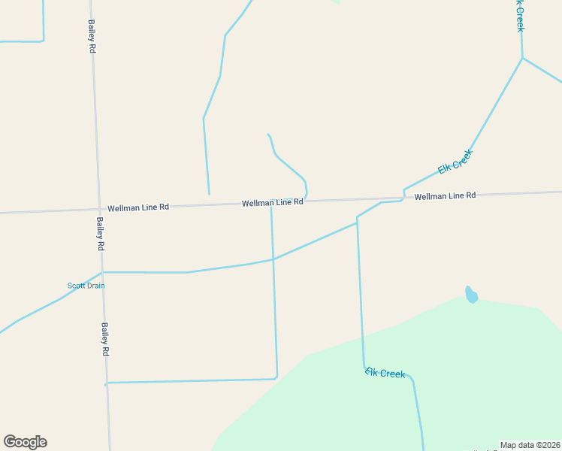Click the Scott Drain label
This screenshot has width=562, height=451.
pos(86,286)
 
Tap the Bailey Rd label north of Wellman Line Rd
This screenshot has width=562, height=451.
pos(92,36)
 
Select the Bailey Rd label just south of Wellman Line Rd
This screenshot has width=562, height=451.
pos(100,234)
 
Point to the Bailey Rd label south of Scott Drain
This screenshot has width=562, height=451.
pos(105,340)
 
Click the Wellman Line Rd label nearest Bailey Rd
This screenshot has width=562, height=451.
pos(138,207)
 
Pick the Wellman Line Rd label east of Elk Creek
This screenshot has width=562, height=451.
pos(445,195)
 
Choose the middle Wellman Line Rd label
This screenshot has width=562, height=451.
pos(272,203)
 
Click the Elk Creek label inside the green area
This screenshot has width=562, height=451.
pos(385,373)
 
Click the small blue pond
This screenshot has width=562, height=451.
pos(471,295)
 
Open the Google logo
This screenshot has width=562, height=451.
pos(25,442)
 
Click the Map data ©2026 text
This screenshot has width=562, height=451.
pos(529,445)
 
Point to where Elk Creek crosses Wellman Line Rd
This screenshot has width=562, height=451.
pos(404,198)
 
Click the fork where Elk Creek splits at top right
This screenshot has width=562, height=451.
pos(522,58)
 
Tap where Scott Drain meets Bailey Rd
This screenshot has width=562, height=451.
pos(102,272)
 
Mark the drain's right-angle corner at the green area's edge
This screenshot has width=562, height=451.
pos(276,378)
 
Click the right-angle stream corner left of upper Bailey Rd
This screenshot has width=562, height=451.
pos(44,41)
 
